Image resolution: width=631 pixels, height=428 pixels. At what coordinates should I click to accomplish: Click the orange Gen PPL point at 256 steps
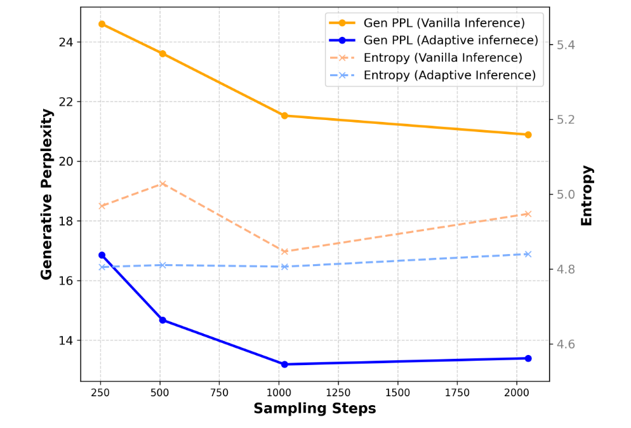click(102, 24)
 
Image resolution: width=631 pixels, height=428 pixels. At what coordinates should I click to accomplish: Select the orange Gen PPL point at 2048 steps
click(528, 135)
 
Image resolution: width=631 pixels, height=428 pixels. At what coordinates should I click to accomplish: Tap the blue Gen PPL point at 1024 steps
click(284, 364)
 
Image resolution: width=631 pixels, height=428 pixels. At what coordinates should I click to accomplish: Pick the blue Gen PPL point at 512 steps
click(163, 320)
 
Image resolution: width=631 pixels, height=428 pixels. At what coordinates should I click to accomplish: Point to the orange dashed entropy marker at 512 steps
click(163, 184)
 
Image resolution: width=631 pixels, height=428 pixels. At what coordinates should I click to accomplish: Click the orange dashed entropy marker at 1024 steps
click(284, 251)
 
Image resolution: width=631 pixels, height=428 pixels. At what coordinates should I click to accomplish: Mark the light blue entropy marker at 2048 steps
click(528, 254)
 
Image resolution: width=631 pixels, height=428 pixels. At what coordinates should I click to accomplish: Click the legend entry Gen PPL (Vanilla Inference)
click(444, 23)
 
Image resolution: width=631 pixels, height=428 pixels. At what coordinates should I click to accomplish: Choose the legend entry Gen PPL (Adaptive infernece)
click(450, 40)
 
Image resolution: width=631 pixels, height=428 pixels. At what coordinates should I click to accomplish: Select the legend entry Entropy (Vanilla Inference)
click(442, 58)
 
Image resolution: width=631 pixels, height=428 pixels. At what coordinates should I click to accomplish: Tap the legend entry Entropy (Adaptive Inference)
click(449, 75)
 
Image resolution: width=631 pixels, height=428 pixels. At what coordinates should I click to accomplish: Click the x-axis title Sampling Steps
click(314, 409)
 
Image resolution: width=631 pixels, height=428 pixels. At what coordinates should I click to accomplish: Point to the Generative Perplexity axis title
click(46, 194)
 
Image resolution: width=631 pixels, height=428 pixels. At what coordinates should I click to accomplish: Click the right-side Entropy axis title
click(587, 195)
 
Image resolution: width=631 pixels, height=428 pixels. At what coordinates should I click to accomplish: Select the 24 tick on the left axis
click(65, 43)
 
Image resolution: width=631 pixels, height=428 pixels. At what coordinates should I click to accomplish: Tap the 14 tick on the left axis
click(65, 340)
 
